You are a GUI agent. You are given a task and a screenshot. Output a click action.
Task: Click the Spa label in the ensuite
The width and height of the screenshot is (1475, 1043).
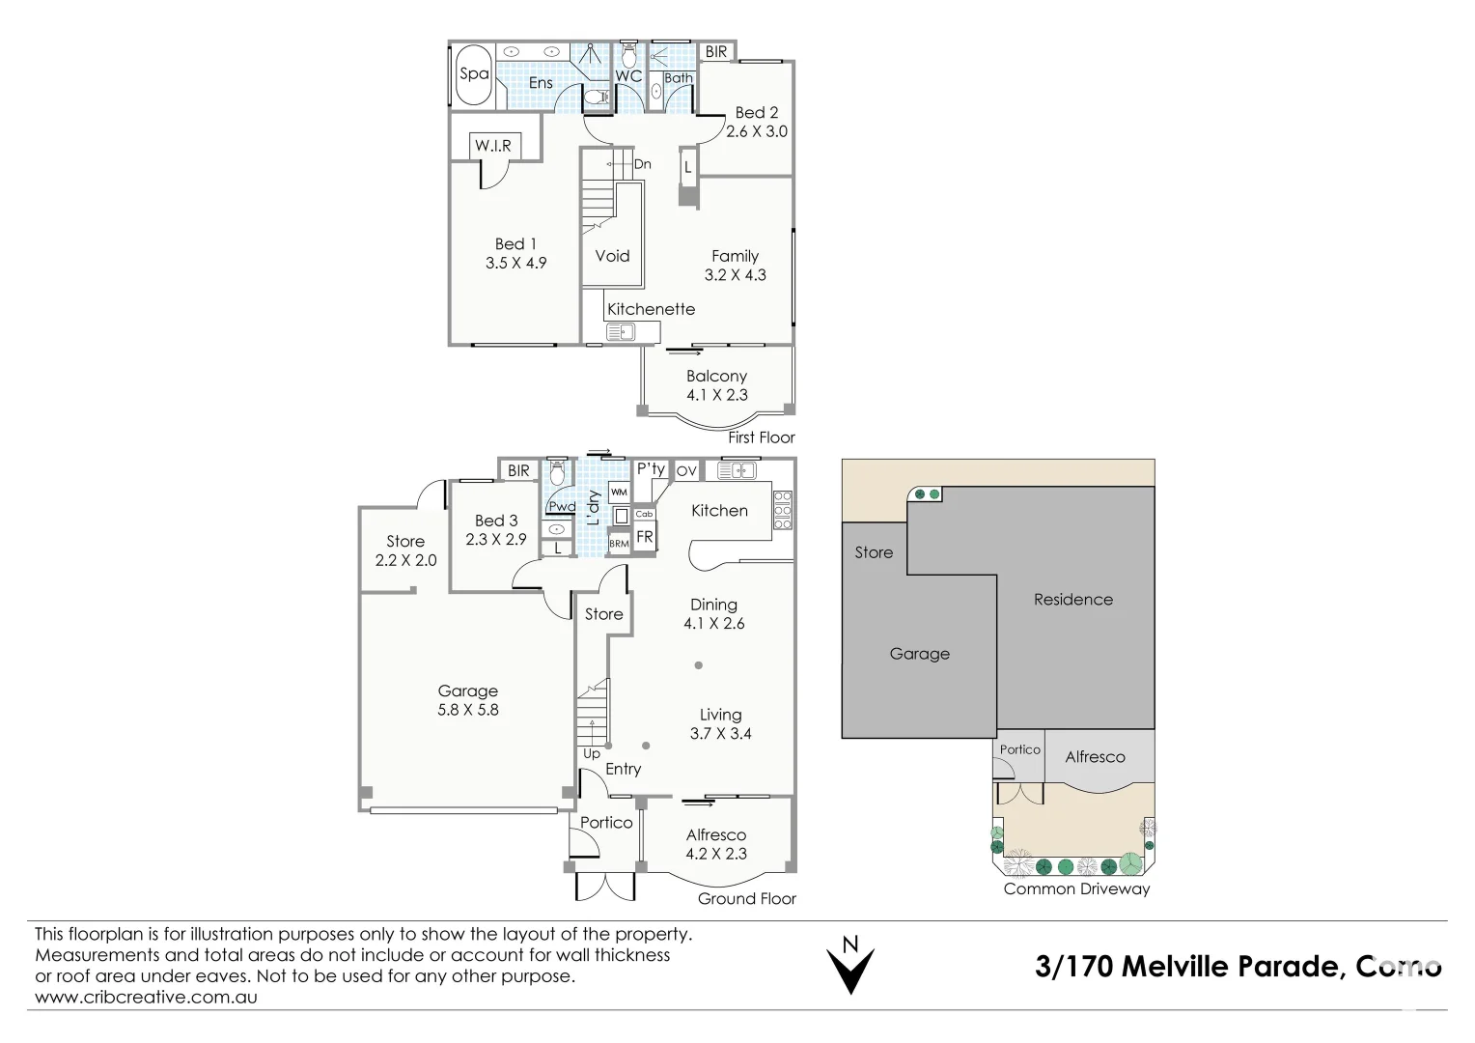[x=473, y=73]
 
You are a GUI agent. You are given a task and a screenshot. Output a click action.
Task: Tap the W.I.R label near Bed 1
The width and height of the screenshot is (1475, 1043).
[x=492, y=146]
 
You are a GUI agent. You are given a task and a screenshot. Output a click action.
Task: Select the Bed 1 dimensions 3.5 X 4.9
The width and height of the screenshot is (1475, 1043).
[x=515, y=263]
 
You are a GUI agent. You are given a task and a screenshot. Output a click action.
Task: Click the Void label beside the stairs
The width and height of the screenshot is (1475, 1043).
[x=612, y=256]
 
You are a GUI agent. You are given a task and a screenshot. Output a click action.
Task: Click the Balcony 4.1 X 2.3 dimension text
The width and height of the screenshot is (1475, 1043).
[x=716, y=395]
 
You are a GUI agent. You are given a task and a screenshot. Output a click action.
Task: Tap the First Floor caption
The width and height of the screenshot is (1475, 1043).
[x=762, y=437]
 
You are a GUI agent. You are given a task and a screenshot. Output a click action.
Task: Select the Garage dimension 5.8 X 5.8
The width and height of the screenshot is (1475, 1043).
[x=467, y=710]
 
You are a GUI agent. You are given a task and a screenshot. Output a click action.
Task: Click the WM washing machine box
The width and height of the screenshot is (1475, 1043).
[x=619, y=493]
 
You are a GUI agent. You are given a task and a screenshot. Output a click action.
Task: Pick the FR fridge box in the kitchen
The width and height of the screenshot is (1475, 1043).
[x=644, y=537]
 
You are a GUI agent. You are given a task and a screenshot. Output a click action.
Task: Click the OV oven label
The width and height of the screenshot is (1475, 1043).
[x=686, y=470]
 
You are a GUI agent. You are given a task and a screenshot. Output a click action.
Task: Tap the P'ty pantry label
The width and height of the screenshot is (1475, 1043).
[x=651, y=469]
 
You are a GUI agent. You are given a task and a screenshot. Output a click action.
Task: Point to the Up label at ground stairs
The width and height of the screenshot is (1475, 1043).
[x=591, y=753]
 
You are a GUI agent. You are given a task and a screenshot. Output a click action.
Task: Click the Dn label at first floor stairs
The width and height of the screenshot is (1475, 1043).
[x=642, y=164]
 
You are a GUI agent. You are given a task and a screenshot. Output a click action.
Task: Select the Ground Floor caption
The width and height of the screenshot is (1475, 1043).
[x=747, y=899]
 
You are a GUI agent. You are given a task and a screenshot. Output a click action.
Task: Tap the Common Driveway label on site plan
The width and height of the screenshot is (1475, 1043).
[x=1076, y=888]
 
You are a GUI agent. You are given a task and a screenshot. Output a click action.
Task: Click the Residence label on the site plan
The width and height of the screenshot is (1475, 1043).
[x=1072, y=600]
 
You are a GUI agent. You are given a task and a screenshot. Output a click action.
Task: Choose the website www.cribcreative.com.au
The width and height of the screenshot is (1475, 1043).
[x=146, y=997]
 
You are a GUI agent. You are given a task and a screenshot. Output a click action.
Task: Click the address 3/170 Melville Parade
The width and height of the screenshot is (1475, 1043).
[x=1187, y=967]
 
